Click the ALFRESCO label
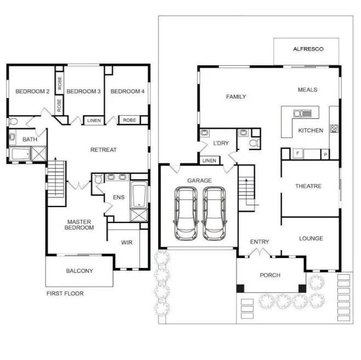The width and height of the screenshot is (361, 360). point(308,49)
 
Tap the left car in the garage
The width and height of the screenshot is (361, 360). point(186,214)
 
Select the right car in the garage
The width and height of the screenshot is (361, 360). point(214,214)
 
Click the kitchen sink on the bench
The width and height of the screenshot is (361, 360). point(302,113)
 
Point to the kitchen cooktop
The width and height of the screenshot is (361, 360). point(334,129)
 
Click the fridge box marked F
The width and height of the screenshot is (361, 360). point(297,153)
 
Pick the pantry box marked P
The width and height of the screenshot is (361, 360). point(325,155)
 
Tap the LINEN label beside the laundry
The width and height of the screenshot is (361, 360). point(209,161)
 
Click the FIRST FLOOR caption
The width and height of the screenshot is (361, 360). point(65,294)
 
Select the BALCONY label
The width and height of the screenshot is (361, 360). point(79,271)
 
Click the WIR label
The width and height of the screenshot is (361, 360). point(127,242)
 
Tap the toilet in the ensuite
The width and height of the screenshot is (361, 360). point(98,179)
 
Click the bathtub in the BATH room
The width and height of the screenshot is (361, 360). point(20,154)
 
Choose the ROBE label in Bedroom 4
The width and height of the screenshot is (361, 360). point(129,120)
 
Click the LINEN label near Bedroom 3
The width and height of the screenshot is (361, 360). point(94,121)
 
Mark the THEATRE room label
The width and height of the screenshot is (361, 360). point(308,186)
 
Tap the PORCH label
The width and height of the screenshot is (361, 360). point(270,275)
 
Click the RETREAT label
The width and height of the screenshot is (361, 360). point(104,150)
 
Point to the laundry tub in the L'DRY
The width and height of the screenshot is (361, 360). point(204,133)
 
